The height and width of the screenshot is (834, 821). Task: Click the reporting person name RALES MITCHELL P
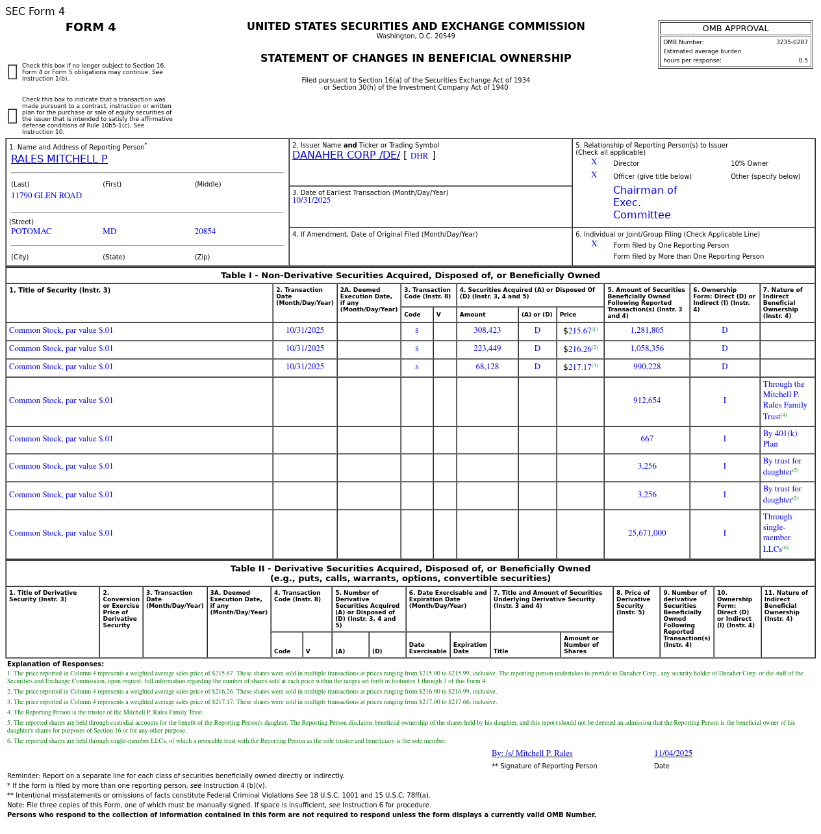coord(59,159)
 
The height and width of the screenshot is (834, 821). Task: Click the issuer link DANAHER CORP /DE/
coord(346,155)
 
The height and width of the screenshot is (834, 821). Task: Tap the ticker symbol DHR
coord(419,156)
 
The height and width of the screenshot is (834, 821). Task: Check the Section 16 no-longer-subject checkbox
coord(12,72)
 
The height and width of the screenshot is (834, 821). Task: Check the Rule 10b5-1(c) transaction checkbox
coord(12,116)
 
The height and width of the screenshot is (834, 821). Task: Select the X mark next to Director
coord(594,163)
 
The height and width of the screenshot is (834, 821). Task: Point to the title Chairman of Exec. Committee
coord(645,202)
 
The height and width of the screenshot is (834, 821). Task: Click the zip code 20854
coord(205,231)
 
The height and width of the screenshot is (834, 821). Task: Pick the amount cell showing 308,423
coord(486,330)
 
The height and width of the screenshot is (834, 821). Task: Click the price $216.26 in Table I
coord(577,349)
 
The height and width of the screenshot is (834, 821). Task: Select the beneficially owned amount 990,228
coord(646,367)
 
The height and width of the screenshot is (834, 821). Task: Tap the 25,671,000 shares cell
coord(646,533)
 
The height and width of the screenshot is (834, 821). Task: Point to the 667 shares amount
coord(646,439)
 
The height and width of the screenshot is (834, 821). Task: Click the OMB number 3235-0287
coord(791,42)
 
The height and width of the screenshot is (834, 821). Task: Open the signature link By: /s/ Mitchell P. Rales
coord(531,753)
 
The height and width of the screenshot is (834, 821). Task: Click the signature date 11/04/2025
coord(672,753)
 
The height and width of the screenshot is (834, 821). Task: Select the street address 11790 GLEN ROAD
coord(46,196)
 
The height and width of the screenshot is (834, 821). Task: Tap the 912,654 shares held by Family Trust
coord(646,400)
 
